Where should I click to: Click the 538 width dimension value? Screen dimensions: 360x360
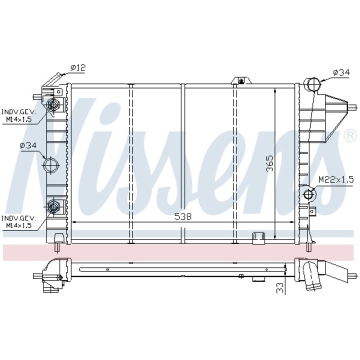(183, 216)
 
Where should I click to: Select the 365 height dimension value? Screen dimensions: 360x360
(270, 163)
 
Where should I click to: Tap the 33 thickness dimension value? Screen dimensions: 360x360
(280, 287)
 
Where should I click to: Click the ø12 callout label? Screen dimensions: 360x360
(78, 67)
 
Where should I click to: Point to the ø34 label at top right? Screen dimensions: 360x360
(341, 73)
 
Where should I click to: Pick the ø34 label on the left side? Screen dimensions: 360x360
(28, 145)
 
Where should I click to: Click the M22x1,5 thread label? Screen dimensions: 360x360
(336, 180)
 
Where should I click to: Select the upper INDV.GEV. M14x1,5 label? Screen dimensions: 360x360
(19, 115)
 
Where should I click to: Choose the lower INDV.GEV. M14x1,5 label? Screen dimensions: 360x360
(19, 221)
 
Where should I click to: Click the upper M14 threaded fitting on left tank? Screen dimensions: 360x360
(53, 105)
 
